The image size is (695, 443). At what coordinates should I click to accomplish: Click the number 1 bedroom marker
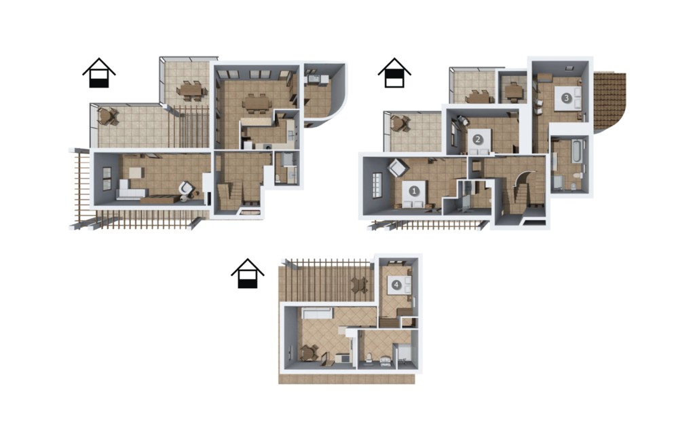tap(414, 191)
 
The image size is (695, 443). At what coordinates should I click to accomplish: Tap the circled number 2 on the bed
tap(477, 139)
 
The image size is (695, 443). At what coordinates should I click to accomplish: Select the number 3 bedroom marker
tap(566, 98)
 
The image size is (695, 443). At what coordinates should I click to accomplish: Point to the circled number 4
tap(396, 285)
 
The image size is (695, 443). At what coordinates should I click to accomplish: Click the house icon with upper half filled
tap(394, 73)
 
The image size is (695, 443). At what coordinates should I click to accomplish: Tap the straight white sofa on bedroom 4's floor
tap(317, 313)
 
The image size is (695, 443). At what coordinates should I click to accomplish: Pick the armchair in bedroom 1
tap(398, 169)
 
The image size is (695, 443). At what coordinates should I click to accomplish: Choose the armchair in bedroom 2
tap(462, 121)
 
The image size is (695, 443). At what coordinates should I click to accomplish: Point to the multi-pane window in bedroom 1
tap(376, 184)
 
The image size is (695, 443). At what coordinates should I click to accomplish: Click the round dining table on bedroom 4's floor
tap(307, 353)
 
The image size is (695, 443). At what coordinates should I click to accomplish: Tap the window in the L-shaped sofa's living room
tap(107, 179)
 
